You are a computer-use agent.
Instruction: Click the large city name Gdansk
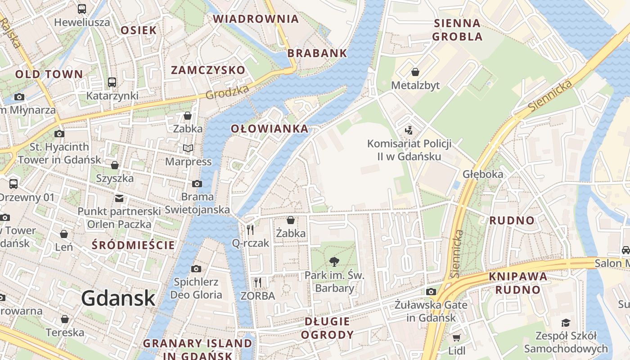[118, 298]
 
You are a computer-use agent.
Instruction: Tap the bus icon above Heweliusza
[82, 9]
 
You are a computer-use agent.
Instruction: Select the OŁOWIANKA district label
[270, 129]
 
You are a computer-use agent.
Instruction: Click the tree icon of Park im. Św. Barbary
[334, 261]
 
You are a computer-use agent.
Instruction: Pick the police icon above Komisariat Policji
[409, 130]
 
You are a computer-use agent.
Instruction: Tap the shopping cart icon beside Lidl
[456, 337]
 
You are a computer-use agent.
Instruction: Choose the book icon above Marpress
[188, 148]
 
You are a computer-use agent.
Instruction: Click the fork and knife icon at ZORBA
[257, 283]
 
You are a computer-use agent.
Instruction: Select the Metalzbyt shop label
[415, 85]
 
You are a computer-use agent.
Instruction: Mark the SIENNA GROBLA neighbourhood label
[457, 30]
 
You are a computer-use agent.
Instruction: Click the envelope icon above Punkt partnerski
[119, 198]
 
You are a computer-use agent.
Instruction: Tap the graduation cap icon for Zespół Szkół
[565, 323]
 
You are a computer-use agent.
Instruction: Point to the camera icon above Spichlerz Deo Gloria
[196, 269]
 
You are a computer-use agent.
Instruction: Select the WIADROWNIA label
[256, 19]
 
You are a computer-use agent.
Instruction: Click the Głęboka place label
[482, 174]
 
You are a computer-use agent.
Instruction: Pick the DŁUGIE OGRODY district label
[327, 328]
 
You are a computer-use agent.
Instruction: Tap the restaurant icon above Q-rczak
[250, 230]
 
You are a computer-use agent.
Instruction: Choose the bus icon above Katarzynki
[112, 82]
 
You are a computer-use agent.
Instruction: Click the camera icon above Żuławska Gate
[431, 292]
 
